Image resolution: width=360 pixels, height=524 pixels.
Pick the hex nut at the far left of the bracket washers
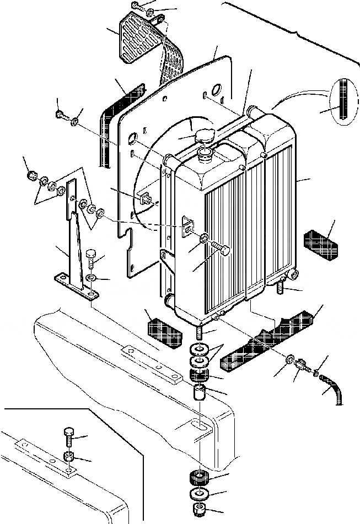[32, 178]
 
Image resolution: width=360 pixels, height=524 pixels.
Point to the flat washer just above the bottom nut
[200, 493]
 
